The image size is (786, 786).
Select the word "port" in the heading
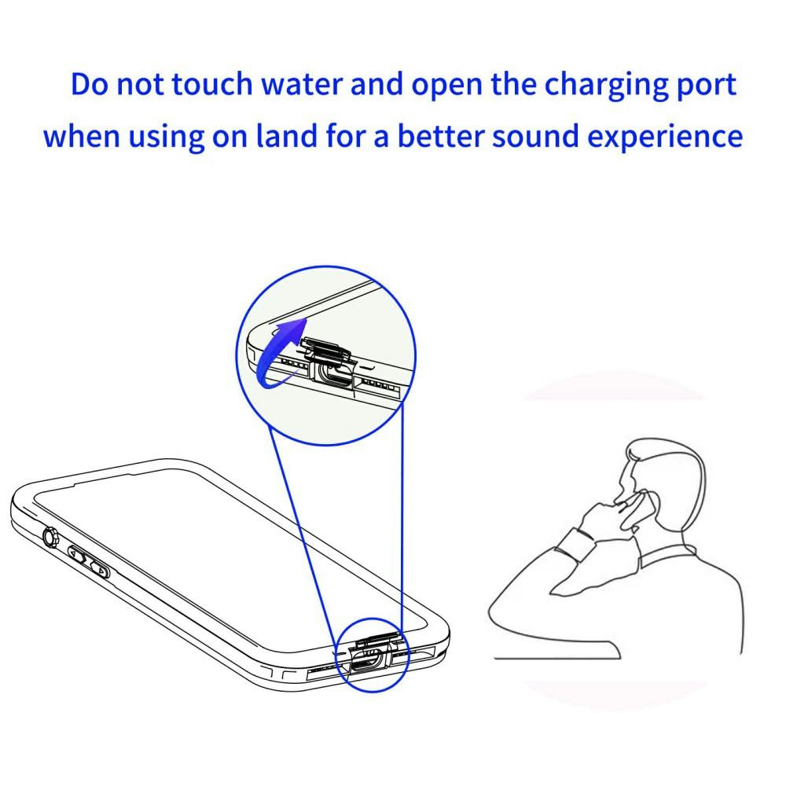point(705,86)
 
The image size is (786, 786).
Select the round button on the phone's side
point(50,538)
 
